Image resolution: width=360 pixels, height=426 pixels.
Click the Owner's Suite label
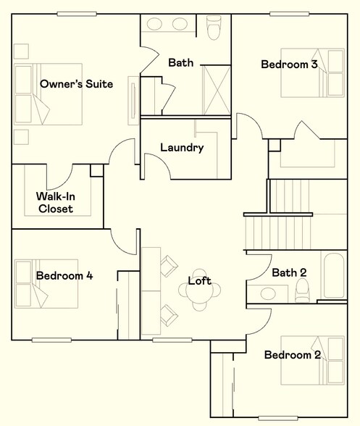point(76,84)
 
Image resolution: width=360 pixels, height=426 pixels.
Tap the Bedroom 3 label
point(289,64)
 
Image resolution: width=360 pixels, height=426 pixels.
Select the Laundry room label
point(181,148)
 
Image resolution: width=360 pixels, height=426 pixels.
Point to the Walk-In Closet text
point(59,202)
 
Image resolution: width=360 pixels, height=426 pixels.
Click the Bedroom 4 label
point(64,275)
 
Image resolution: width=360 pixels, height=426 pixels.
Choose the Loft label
point(200,280)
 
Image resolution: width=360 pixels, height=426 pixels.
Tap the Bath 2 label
point(289,272)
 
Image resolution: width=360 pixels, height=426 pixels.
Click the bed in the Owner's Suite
point(47,94)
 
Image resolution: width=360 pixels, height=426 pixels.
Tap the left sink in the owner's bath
point(155,24)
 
